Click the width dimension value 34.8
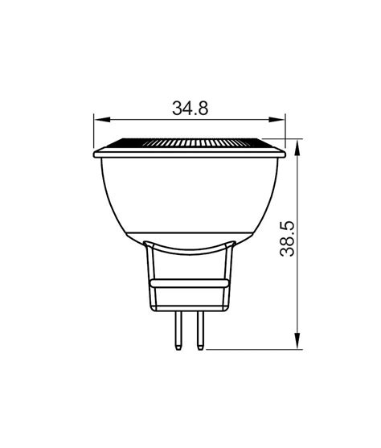coord(190,107)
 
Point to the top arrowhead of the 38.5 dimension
coord(300,149)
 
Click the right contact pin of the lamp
coord(199,330)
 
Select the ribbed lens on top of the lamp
coord(190,142)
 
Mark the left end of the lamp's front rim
coord(96,154)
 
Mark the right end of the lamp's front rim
coord(285,154)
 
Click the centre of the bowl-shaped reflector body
coord(190,197)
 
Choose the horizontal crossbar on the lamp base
coord(190,284)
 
